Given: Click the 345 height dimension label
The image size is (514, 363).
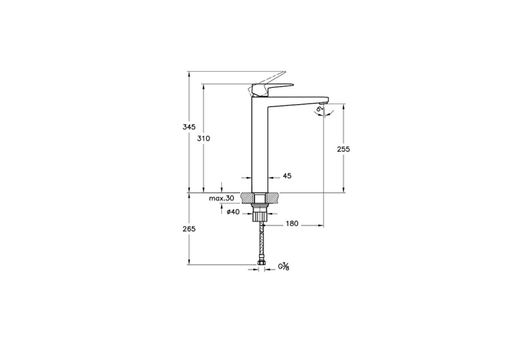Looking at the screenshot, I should coord(189,127).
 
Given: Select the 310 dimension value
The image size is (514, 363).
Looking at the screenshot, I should coord(204,138).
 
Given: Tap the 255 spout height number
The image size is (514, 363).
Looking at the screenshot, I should coord(343,149).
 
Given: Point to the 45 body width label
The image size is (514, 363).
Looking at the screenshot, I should coord(287,176).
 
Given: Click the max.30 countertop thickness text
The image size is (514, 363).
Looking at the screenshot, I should coord(221,199).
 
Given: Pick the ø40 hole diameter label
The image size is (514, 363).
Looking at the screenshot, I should coord(233,211).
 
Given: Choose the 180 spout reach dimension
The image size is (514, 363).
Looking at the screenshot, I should coord(292,224).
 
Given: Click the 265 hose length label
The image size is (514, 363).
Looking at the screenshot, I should coord(189,229).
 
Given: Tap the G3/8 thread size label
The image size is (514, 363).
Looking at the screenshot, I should coord(283,267).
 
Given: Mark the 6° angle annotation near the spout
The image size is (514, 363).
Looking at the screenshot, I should coord(319,110).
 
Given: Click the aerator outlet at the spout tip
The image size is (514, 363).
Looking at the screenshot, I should coord(325,103).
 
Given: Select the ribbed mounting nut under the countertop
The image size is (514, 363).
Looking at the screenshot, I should coord(259,215).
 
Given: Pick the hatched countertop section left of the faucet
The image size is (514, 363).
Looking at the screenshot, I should coord(246,197).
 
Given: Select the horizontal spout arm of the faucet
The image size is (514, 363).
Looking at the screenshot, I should coord(298,99).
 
